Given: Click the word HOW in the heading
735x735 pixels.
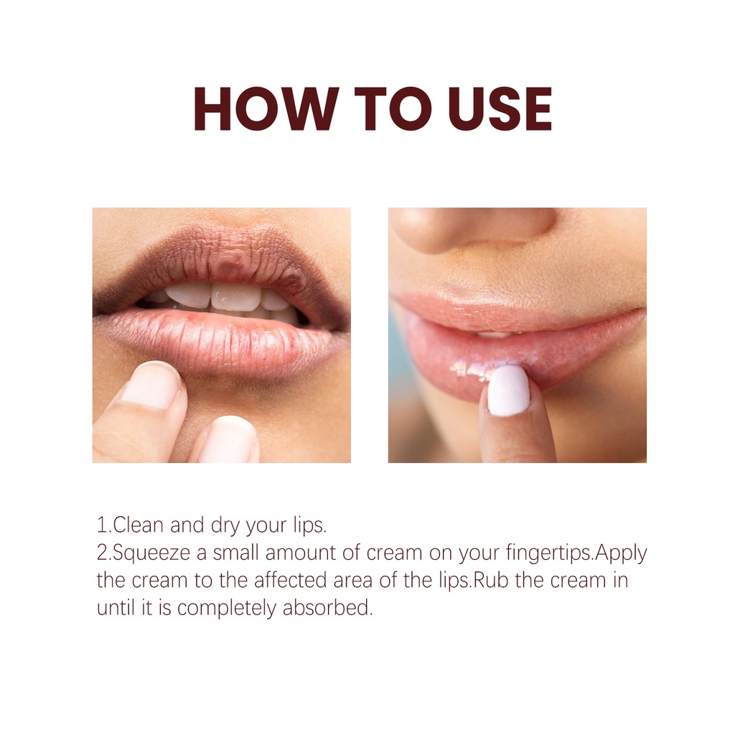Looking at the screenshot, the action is point(266,109).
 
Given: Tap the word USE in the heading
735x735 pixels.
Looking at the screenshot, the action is point(500,109).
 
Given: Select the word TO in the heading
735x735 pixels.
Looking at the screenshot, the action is point(393,109).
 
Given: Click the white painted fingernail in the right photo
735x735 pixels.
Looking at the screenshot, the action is point(509,390).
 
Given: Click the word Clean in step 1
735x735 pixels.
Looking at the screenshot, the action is point(139,525).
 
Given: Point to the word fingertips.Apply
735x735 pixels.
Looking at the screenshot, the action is point(577,553).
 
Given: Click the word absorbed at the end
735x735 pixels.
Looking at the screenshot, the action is point(327,608).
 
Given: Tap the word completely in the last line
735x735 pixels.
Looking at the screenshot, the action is point(227,609).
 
